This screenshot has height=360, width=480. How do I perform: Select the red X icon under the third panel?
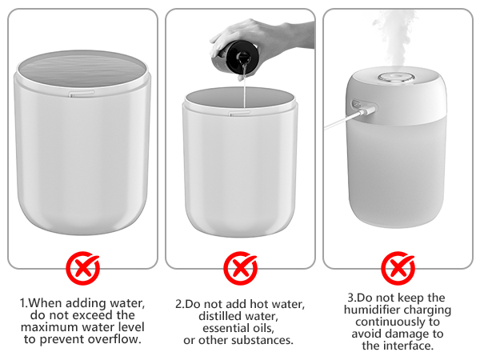coord(397,268)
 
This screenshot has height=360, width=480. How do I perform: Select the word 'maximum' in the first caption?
coord(53,327)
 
